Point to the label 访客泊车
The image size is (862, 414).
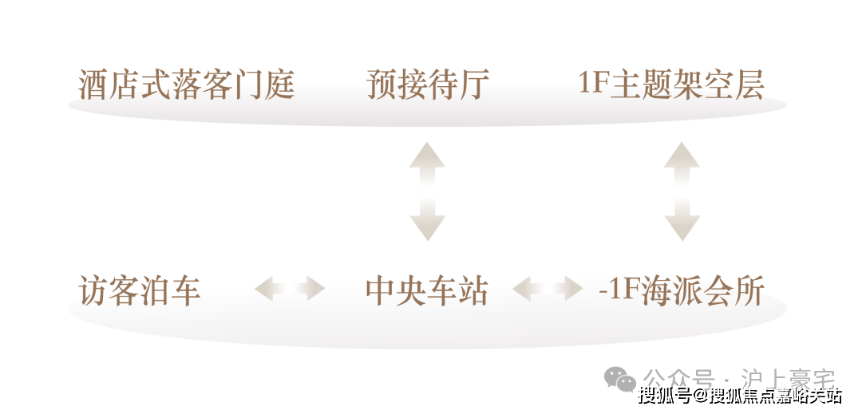tap(140, 290)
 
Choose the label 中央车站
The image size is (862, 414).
tap(427, 290)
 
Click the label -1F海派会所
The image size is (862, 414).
tap(682, 290)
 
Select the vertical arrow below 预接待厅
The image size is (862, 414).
tap(427, 191)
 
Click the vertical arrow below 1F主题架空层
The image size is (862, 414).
tap(682, 191)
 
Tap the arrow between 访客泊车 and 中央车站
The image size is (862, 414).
tap(290, 288)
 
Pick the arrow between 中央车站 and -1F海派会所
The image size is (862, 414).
tap(547, 288)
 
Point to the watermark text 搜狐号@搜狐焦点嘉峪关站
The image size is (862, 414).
tap(739, 396)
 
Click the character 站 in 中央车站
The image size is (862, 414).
tap(473, 290)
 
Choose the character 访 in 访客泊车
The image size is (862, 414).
tap(94, 290)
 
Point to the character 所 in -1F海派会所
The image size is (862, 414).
tap(749, 290)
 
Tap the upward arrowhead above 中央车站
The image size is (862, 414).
tap(427, 155)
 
